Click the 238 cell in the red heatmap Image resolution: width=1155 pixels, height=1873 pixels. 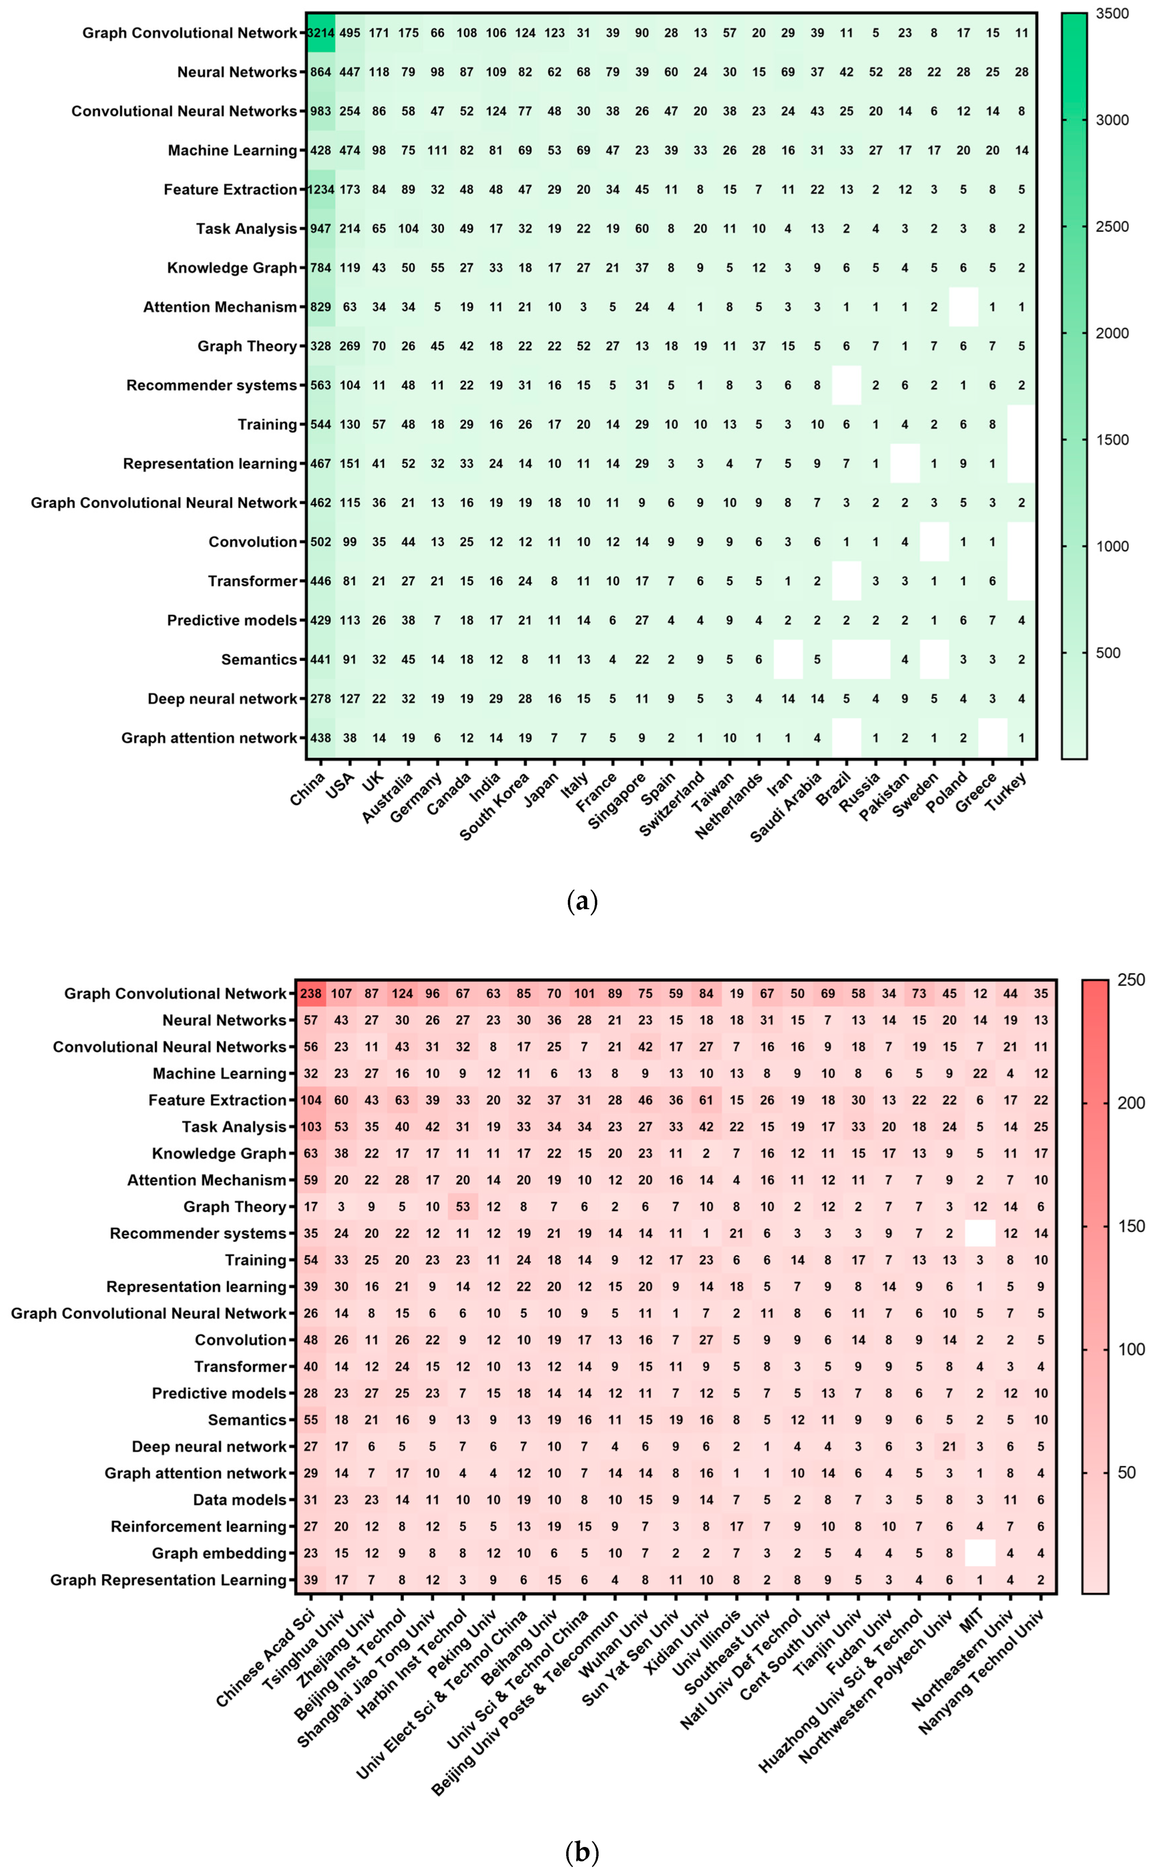[x=311, y=993]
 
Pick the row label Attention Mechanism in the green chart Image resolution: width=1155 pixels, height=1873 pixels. [x=220, y=307]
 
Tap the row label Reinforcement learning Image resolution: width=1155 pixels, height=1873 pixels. [x=198, y=1526]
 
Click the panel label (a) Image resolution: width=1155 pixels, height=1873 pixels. [x=583, y=902]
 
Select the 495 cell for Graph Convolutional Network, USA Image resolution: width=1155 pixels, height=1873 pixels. [x=350, y=33]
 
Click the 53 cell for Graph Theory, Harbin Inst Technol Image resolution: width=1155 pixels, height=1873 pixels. [x=463, y=1206]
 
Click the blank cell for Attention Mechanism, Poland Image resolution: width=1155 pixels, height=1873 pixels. [x=963, y=307]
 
